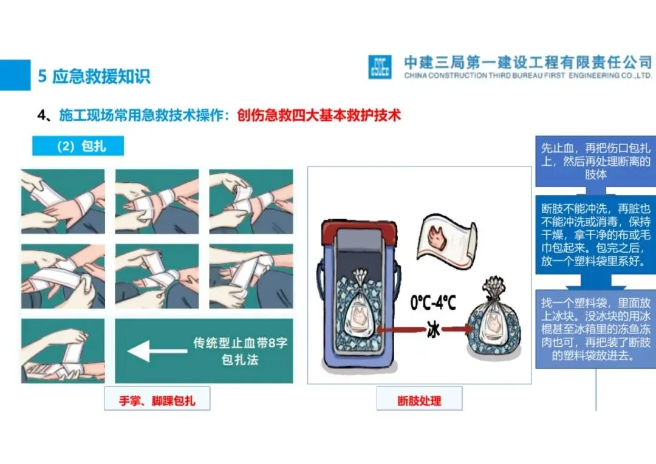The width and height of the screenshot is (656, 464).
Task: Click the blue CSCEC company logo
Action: coord(380,67)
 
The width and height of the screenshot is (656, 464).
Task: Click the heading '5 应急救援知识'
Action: coord(94,76)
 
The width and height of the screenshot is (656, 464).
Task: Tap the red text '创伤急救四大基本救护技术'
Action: coord(319,115)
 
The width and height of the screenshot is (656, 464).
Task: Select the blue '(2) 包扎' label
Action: coord(78,146)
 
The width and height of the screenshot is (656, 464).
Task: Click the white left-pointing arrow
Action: coord(157,350)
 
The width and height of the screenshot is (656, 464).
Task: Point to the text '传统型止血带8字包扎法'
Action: coord(240,351)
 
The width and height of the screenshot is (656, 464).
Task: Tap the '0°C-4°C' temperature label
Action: coord(433,302)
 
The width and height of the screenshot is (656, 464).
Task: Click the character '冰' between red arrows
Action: coord(434,330)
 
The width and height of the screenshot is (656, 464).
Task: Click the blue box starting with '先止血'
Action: coord(596,161)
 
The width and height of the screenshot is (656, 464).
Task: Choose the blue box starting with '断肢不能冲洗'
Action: coord(596,234)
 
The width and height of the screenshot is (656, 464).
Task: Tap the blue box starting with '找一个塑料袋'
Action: coord(596,329)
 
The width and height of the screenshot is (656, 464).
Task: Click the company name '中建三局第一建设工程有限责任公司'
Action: coord(528,63)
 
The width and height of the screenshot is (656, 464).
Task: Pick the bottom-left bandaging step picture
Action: coord(63,350)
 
